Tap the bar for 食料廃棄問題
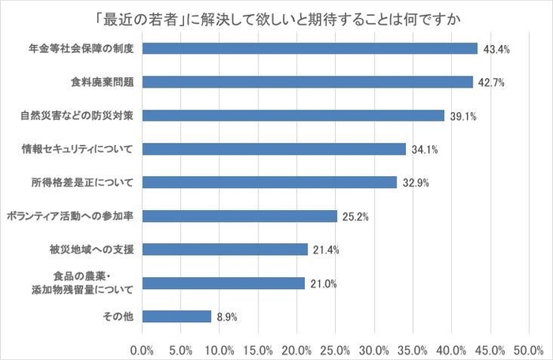tap(307, 82)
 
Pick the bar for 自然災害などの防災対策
tap(293, 115)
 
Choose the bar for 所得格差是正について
tap(269, 182)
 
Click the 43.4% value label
tap(496, 49)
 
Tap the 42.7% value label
tap(491, 82)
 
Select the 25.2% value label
tap(355, 216)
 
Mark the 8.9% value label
tap(227, 317)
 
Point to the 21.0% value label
tap(323, 283)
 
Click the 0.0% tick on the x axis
tap(142, 348)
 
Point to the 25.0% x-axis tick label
tap(335, 348)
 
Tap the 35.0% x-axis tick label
tap(412, 348)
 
